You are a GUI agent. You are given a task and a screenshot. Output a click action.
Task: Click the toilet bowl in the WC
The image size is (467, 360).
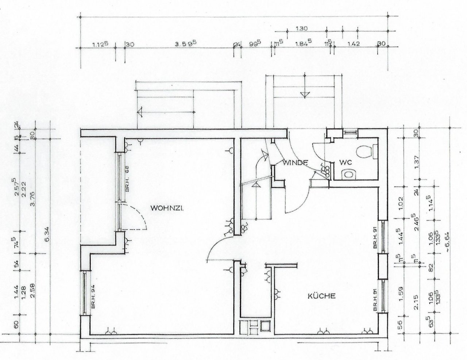click(x=366, y=151)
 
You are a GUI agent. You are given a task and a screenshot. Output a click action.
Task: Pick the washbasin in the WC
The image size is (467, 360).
click(x=349, y=175)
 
